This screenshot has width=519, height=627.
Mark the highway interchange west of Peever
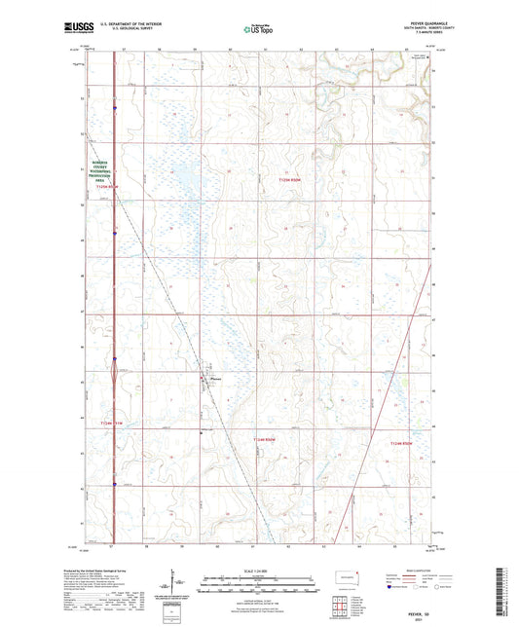[x=115, y=366]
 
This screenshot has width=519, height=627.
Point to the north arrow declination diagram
[x=175, y=585]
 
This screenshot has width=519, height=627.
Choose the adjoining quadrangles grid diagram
[x=343, y=606]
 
